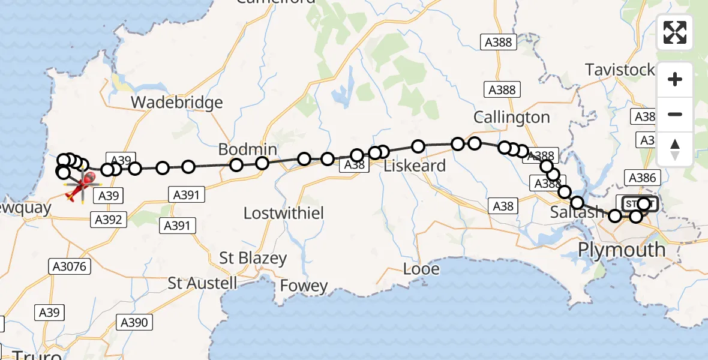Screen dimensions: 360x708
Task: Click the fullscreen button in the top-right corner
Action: [675, 32]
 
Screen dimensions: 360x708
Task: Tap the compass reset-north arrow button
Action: [675, 149]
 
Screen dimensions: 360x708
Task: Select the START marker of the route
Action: [640, 204]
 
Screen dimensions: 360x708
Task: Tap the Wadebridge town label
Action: [176, 103]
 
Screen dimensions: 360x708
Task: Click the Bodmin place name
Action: [247, 149]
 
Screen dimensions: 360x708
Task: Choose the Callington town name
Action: [511, 118]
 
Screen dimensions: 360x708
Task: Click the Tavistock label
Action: [620, 70]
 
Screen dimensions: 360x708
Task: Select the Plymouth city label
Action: [621, 249]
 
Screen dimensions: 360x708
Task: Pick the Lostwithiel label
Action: [284, 212]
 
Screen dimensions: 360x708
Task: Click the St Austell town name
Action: [203, 283]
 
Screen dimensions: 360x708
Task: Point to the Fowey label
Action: [304, 286]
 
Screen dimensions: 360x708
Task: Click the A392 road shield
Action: [108, 220]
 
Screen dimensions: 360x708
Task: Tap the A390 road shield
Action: [133, 322]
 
